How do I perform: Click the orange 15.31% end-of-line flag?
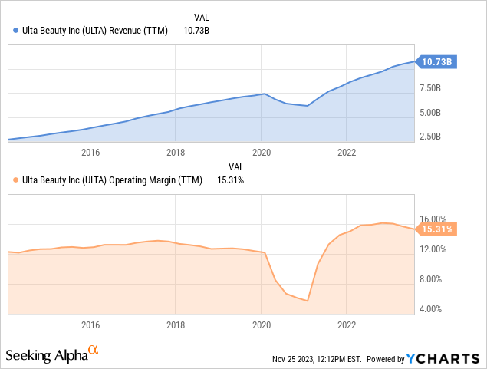(x=436, y=229)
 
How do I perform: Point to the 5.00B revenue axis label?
(x=429, y=113)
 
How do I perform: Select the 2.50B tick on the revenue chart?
(x=429, y=137)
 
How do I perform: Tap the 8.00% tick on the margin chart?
(x=429, y=279)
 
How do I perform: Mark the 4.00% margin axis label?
(x=429, y=309)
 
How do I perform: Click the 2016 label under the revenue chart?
(x=90, y=153)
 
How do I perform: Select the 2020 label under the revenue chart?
(x=262, y=153)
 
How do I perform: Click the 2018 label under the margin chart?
(x=176, y=325)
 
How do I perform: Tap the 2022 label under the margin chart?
(x=347, y=325)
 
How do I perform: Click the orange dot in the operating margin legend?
(x=17, y=180)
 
